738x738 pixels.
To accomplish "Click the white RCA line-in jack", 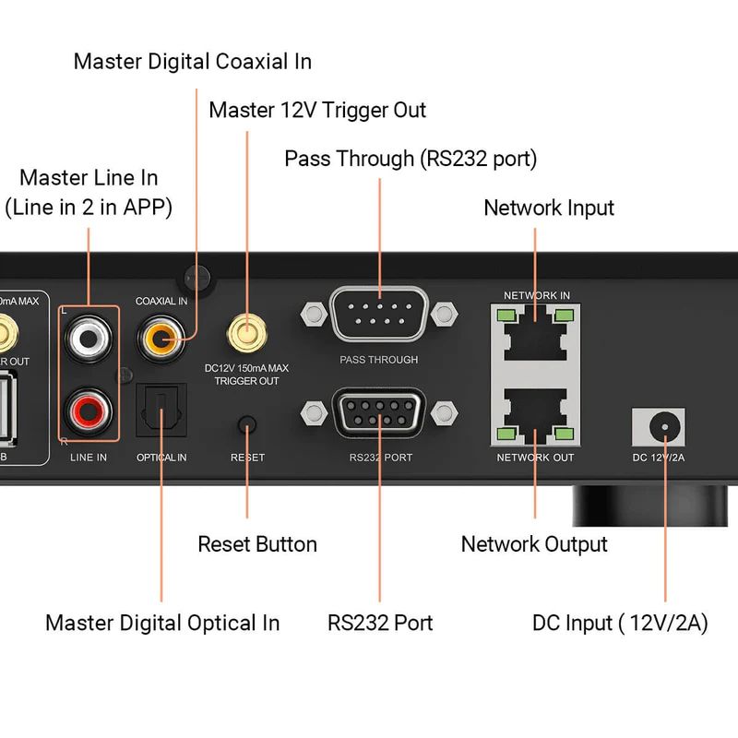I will (89, 339).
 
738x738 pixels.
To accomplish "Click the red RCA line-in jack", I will (89, 407).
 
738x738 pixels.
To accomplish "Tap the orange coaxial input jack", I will (161, 339).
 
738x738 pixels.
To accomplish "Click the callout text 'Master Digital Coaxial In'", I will (193, 62).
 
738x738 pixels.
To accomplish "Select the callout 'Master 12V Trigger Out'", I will (317, 111).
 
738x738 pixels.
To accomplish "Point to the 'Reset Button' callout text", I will (257, 544).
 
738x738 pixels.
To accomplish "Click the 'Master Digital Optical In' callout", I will (162, 623).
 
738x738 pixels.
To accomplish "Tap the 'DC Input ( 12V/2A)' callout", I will (620, 623).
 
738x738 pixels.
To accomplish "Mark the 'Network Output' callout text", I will (534, 544).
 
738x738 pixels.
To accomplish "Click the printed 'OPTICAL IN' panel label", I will (161, 458).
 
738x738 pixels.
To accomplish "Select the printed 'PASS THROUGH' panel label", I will (379, 360).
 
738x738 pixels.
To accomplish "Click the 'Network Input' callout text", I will (549, 208).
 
